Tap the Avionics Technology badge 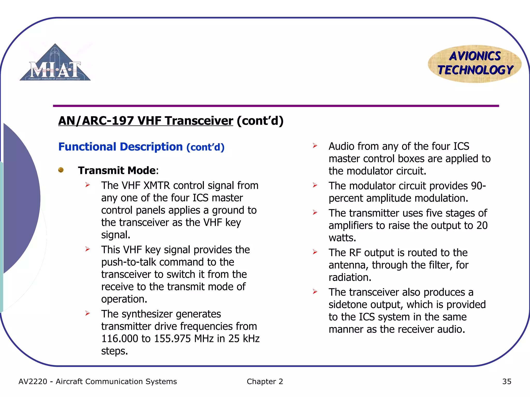[475, 64]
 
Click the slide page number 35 [507, 381]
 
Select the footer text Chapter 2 [265, 381]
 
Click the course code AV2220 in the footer [33, 381]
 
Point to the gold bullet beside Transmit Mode [61, 170]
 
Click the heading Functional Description [121, 147]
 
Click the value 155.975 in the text [173, 339]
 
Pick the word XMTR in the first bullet [157, 186]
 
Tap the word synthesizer [147, 314]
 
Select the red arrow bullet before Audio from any [315, 146]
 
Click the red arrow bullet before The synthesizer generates [87, 314]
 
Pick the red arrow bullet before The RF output [315, 252]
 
